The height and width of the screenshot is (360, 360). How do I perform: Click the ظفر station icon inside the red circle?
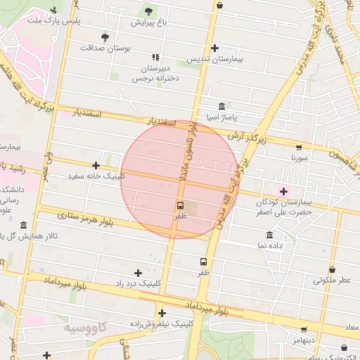coord(181,206)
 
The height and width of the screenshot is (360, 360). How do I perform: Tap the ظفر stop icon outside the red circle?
coord(203,262)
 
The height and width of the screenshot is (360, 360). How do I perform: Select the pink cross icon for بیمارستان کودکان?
coord(284,191)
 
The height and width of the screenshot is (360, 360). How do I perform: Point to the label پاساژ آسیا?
coord(220,117)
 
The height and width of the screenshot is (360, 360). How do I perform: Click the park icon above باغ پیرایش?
coord(148,11)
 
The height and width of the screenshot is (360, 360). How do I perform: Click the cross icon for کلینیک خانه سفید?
coord(96,165)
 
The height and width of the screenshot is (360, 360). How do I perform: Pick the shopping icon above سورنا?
coord(299,148)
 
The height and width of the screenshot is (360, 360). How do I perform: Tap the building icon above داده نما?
coord(270,235)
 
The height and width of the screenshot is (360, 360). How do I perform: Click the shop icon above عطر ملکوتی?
coord(331,269)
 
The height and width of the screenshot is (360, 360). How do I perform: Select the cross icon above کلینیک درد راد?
coord(138,272)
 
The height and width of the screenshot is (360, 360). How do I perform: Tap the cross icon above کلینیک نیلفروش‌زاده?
coord(162,313)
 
